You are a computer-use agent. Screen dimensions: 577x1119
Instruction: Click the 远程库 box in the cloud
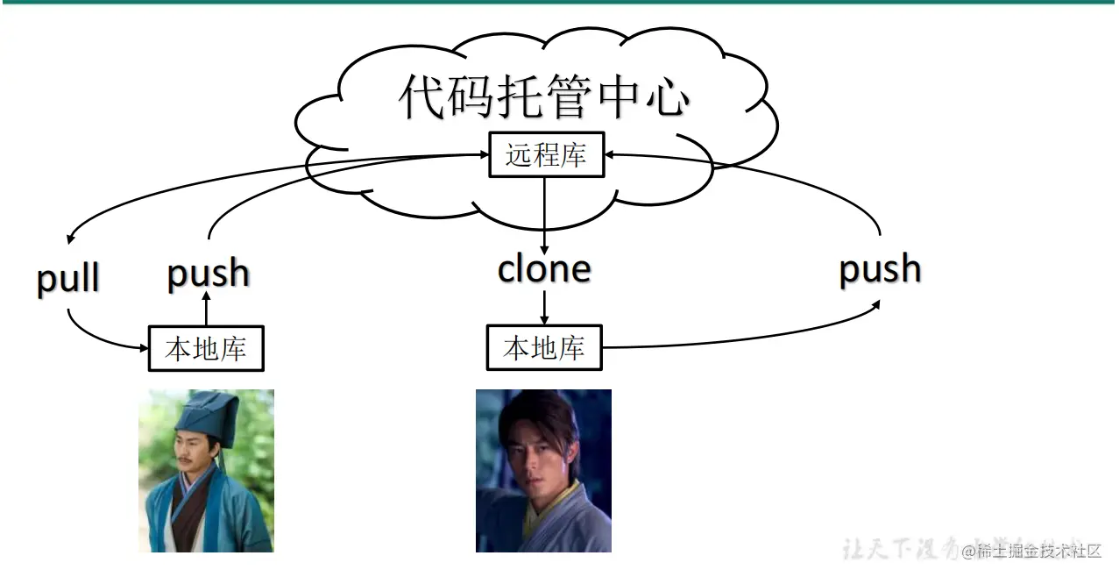tap(546, 156)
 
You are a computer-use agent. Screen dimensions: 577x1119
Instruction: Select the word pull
tap(68, 278)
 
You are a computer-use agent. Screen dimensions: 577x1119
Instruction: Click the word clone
tap(544, 268)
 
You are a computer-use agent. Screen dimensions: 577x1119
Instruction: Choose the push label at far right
tap(880, 268)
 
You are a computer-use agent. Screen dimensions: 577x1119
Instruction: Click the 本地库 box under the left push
tap(206, 349)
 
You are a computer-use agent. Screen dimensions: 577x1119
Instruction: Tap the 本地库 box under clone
tap(544, 348)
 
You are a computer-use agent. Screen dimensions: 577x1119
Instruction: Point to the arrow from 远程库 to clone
tap(544, 215)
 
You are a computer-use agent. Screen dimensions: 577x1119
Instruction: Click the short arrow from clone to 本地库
tap(544, 307)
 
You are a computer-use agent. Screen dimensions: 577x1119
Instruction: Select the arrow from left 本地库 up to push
tap(207, 310)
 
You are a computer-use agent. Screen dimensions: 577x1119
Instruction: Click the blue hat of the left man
tap(202, 412)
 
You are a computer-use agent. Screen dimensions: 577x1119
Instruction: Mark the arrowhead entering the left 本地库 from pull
tap(143, 348)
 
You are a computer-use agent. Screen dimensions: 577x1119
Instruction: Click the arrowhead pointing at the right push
tap(877, 303)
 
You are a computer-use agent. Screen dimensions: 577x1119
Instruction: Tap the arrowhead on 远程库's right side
tap(609, 154)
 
